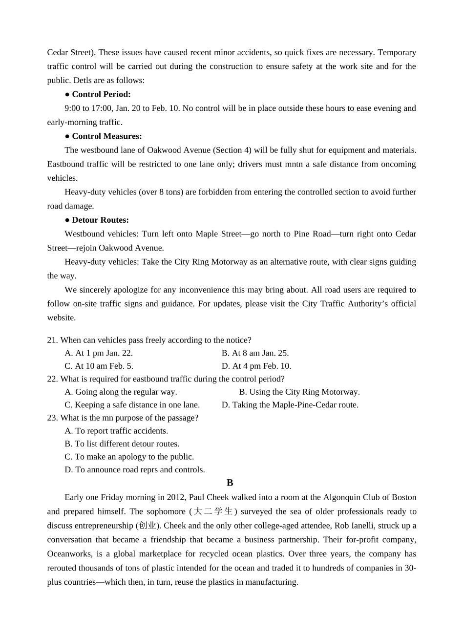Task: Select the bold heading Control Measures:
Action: (x=106, y=136)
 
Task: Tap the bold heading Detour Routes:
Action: (x=100, y=220)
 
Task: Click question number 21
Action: (x=52, y=340)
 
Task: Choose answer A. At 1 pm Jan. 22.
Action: (x=99, y=353)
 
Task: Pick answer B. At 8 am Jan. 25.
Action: (x=255, y=353)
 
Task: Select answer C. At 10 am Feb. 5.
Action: (x=99, y=366)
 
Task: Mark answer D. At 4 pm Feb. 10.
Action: (x=256, y=366)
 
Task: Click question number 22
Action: (x=52, y=379)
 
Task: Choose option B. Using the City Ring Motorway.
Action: (x=299, y=392)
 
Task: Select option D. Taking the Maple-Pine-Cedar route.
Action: (x=290, y=405)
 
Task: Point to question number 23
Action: (x=52, y=418)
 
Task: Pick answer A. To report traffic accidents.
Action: (x=116, y=431)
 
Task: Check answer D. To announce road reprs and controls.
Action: (x=135, y=470)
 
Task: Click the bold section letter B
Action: (x=230, y=483)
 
